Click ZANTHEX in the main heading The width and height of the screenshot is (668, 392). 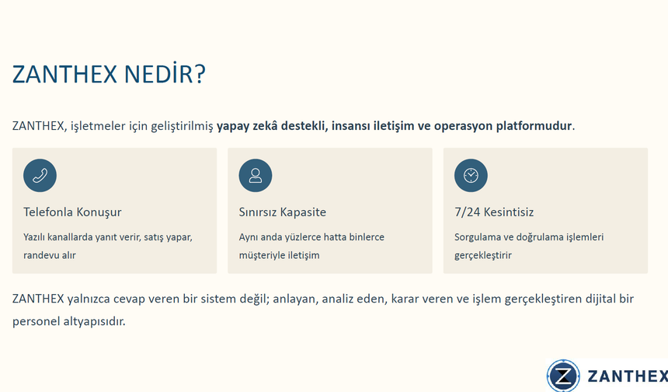click(x=64, y=75)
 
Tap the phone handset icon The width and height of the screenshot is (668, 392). click(x=40, y=175)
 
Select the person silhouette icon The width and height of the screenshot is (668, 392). click(x=256, y=175)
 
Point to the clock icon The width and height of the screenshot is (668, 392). click(x=471, y=175)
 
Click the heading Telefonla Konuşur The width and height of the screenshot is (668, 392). click(x=72, y=212)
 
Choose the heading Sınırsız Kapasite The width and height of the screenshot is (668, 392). click(x=283, y=212)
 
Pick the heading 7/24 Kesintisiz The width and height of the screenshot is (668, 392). click(x=494, y=212)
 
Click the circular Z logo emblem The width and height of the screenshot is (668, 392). click(x=563, y=376)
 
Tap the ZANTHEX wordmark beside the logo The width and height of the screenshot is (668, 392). click(x=626, y=376)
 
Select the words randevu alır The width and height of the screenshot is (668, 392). click(x=50, y=255)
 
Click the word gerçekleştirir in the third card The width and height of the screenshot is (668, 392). click(x=483, y=255)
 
